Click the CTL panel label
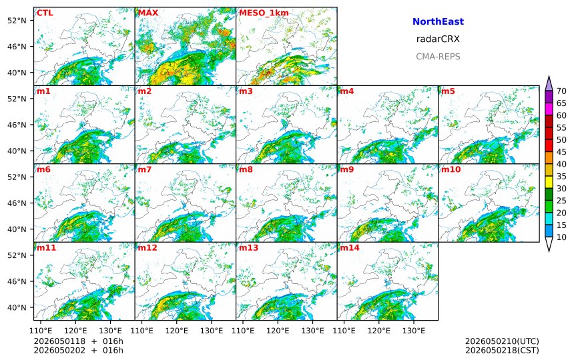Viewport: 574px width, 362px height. point(45,13)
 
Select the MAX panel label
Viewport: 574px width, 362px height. point(148,13)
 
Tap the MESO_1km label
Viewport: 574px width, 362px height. point(264,13)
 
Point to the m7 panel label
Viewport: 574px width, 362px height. point(144,169)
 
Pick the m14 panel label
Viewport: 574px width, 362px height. point(350,248)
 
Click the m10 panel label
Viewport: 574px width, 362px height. point(451,169)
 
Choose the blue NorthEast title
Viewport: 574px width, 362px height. point(438,21)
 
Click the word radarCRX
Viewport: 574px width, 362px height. point(438,39)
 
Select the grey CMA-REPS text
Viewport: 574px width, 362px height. point(438,57)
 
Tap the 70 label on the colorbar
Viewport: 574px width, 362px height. point(561,91)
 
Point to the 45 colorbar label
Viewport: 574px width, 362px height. point(561,152)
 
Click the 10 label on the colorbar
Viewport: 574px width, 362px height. point(561,238)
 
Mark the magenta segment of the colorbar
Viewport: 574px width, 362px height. point(549,109)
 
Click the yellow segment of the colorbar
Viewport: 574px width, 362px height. point(549,183)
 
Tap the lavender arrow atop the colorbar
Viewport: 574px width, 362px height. point(549,83)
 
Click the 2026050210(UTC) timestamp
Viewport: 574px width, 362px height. point(502,341)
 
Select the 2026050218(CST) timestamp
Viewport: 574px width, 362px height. point(502,351)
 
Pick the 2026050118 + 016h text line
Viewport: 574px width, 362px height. point(79,341)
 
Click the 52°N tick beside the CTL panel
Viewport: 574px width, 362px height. point(17,21)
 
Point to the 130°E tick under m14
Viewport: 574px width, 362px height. point(414,331)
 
